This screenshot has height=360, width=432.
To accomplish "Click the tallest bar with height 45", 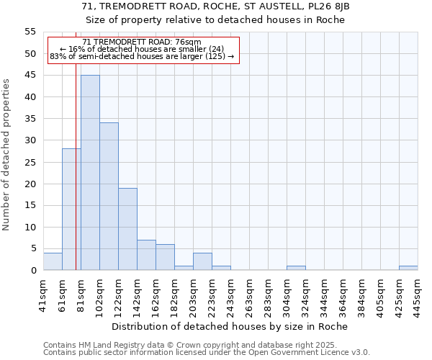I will click(x=90, y=173).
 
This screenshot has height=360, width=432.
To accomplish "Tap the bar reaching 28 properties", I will click(x=71, y=210).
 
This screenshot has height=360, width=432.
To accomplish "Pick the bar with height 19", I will click(x=127, y=229).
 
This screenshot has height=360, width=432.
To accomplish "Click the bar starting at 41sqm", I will click(x=53, y=261).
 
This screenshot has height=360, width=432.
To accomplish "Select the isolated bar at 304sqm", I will click(x=296, y=268).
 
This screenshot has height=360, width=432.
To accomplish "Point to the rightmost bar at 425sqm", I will click(x=408, y=268).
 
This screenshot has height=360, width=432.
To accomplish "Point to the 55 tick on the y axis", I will click(x=30, y=32).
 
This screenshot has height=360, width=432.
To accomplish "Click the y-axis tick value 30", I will click(x=30, y=140).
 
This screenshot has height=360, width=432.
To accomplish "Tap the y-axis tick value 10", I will click(x=30, y=227).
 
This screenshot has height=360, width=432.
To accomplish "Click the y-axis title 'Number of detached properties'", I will click(x=6, y=155).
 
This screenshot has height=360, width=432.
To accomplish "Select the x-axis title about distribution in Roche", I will click(x=230, y=326).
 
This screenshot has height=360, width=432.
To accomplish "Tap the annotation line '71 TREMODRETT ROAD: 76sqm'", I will click(x=142, y=42).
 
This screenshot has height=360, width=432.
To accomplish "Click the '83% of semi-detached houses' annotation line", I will click(x=142, y=56).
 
